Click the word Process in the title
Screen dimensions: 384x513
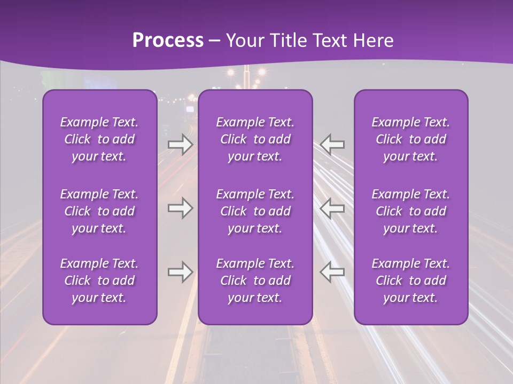point(168,41)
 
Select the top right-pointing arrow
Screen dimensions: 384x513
point(180,144)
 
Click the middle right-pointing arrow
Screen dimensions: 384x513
point(180,208)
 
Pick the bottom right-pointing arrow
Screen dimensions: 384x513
point(180,272)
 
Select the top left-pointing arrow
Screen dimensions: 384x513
point(332,144)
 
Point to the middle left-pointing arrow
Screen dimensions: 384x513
point(332,208)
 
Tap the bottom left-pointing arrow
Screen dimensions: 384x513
point(332,272)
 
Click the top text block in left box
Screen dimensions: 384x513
point(99,139)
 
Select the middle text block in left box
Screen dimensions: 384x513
point(99,211)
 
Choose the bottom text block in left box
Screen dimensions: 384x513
point(99,280)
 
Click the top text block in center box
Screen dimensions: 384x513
point(255,139)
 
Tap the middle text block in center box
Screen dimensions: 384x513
point(255,211)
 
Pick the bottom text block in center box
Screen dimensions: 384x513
point(255,280)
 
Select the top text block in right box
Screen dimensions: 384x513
point(411,139)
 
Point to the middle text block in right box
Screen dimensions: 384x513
point(411,211)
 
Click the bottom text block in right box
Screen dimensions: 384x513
point(411,280)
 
